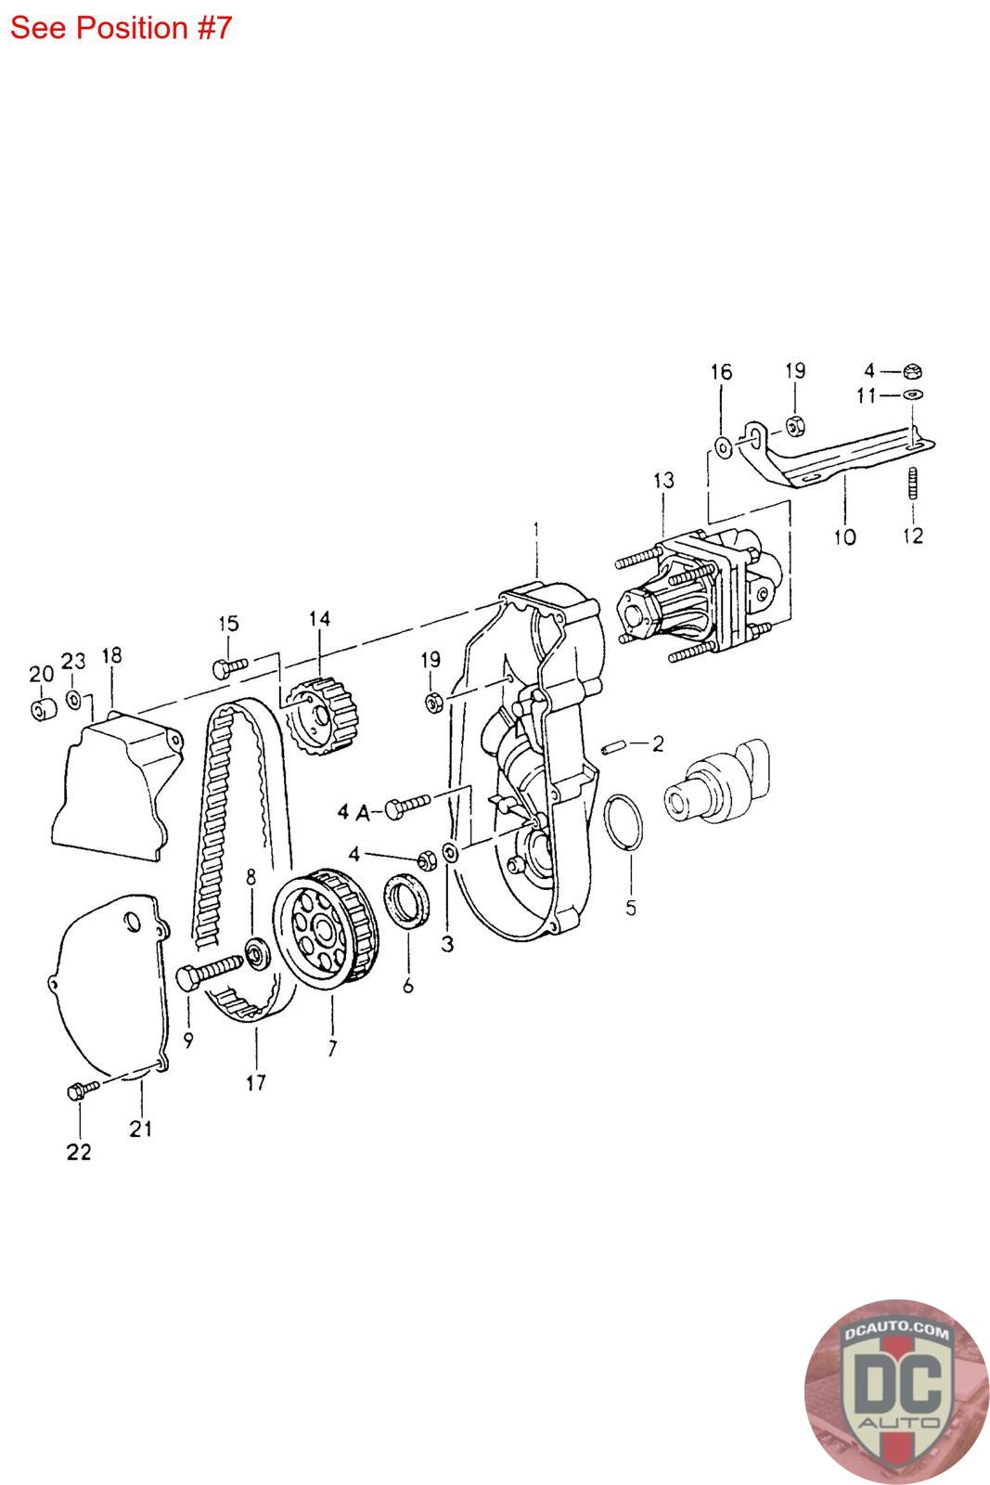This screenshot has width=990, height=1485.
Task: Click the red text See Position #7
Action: click(121, 28)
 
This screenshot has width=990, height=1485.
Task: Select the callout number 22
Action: click(79, 1152)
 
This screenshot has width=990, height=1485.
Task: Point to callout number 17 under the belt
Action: click(256, 1081)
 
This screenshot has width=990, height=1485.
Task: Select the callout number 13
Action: click(663, 481)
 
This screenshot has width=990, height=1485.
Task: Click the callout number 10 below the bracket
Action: click(844, 536)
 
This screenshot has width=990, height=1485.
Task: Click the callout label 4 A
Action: click(354, 813)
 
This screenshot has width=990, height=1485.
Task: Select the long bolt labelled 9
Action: click(209, 972)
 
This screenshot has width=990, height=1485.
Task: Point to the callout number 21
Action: click(141, 1129)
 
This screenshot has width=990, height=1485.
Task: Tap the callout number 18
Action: click(111, 656)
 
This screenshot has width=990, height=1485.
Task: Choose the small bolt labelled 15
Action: click(228, 665)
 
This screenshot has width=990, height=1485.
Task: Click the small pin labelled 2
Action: click(613, 746)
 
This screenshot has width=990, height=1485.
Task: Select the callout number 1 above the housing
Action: click(536, 529)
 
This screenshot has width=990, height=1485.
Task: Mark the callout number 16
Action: click(721, 372)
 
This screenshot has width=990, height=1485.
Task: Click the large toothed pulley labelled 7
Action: click(320, 932)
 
